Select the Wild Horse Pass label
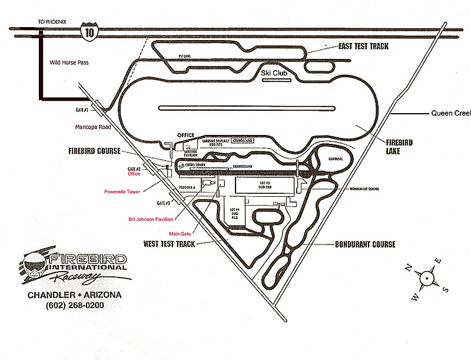[69, 61]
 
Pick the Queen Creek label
[450, 113]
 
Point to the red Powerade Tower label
[122, 191]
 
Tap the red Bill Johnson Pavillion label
[150, 220]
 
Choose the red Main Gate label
[181, 233]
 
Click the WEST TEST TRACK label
[170, 243]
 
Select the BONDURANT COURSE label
[364, 244]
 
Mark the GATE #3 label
[165, 203]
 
